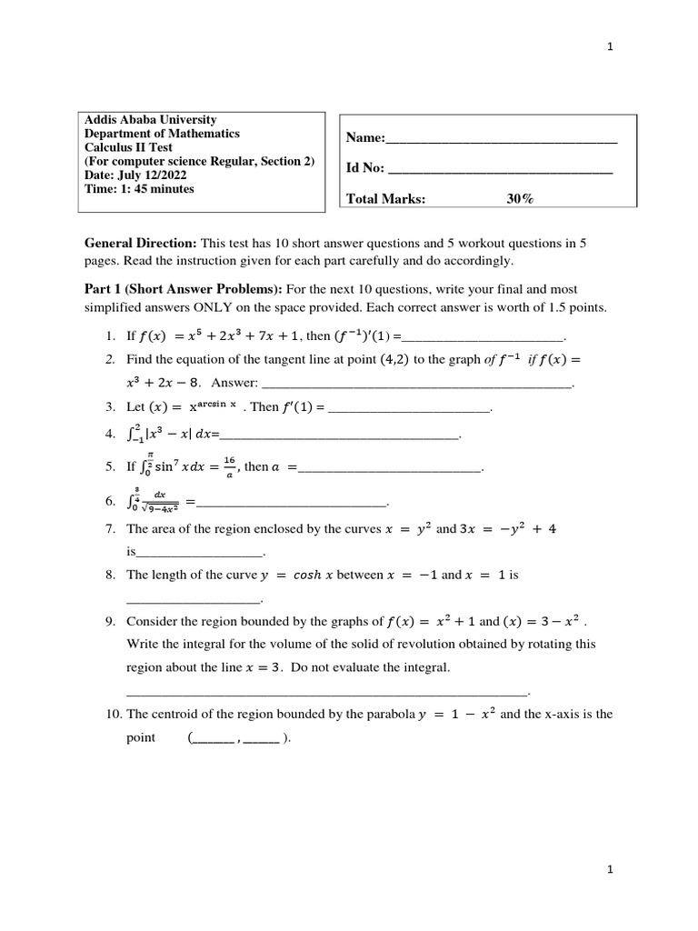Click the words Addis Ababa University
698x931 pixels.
pos(150,120)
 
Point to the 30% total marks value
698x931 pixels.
pos(520,200)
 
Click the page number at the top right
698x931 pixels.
pos(611,48)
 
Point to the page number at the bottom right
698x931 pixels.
pos(611,870)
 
